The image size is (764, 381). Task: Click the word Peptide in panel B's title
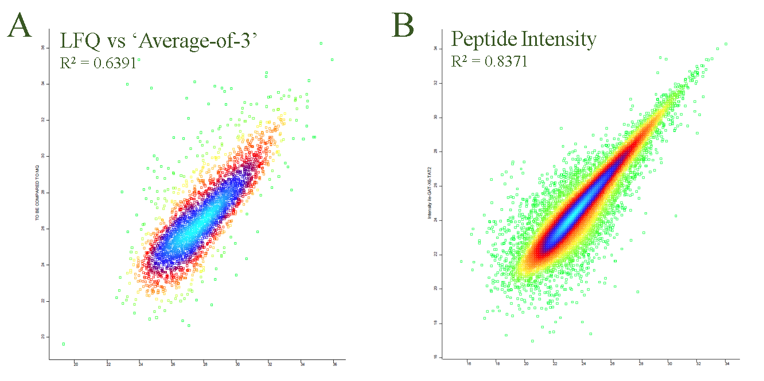[482, 39]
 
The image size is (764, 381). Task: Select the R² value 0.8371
[507, 61]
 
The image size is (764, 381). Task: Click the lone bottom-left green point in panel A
[64, 344]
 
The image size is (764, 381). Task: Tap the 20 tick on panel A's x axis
[76, 364]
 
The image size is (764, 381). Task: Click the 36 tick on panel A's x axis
[334, 364]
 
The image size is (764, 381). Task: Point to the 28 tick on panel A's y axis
[42, 192]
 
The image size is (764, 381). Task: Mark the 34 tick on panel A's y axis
[42, 84]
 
